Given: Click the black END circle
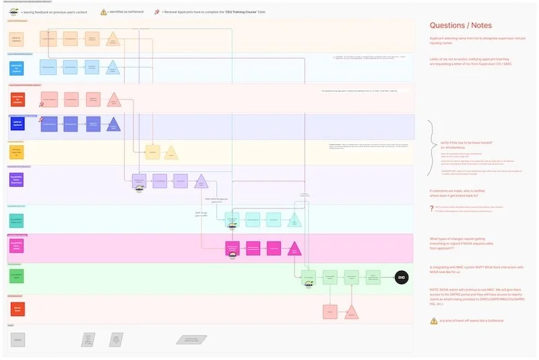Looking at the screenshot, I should click(402, 278).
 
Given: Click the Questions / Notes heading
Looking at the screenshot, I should click(464, 26).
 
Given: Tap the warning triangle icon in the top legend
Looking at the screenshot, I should click(104, 11).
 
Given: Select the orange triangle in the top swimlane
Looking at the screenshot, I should click(113, 39).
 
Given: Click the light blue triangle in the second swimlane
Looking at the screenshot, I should click(113, 67).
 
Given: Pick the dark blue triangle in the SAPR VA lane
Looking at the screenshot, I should click(114, 124).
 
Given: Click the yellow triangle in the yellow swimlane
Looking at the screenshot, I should click(171, 153).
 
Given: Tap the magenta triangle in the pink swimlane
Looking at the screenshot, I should click(294, 247).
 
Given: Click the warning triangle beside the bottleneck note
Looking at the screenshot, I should click(434, 320).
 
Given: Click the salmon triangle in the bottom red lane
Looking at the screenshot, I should click(352, 310).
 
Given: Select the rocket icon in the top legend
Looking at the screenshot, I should click(156, 11).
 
